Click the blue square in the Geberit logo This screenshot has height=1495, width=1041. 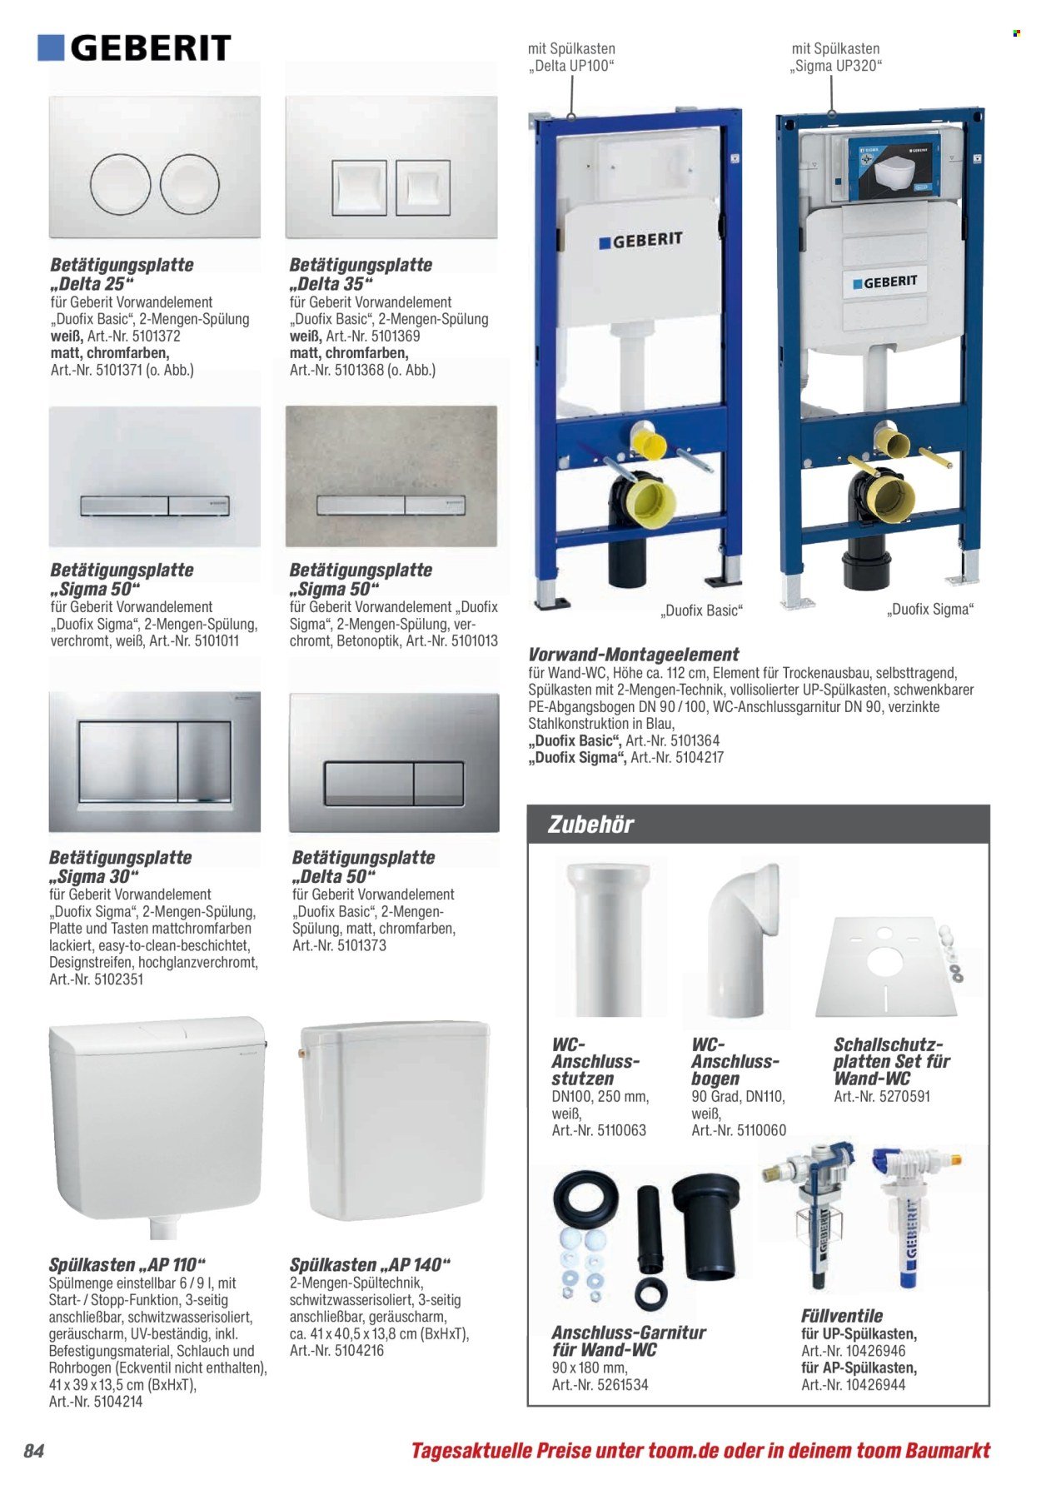51,47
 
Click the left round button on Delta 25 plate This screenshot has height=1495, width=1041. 122,182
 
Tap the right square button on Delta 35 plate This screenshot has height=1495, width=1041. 423,185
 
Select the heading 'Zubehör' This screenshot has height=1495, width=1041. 590,825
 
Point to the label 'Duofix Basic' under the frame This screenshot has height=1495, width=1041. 701,610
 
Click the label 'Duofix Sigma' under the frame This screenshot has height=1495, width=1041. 930,609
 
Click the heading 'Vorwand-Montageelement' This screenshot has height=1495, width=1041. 634,655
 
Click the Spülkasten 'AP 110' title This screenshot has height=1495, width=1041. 127,1265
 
